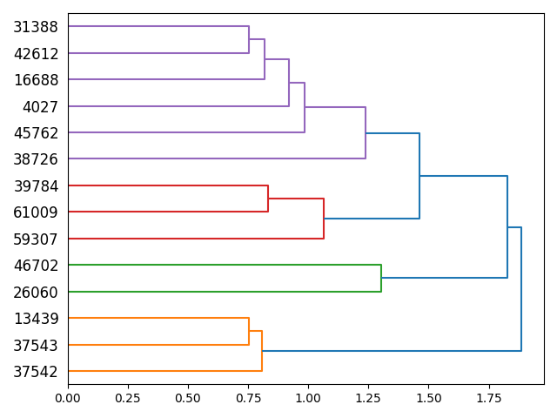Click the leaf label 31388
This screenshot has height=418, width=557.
coord(36,27)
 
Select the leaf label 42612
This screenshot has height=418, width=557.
coord(36,54)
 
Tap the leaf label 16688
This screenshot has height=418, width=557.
coord(36,80)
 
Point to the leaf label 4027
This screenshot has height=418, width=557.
coord(40,107)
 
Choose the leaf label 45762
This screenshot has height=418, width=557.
coord(36,133)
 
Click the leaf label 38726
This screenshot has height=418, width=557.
coord(36,160)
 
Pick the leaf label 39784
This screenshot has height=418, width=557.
coord(36,186)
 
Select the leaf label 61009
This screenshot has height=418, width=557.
coord(36,212)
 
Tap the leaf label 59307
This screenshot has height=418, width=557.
coord(36,239)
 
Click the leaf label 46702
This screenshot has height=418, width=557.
coord(36,266)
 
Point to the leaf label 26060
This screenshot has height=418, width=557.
coord(36,293)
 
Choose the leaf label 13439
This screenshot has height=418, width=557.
coord(36,319)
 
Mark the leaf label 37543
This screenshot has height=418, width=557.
coord(36,346)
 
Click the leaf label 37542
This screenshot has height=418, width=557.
coord(36,372)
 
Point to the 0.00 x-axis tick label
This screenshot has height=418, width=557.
coord(68,398)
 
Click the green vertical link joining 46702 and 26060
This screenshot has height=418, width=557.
coord(381,278)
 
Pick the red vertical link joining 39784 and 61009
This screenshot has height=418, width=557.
coord(268,199)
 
